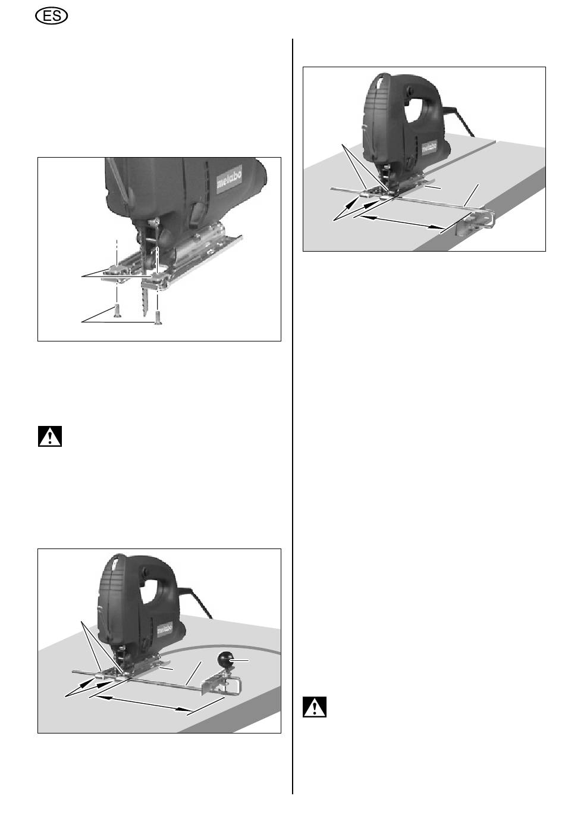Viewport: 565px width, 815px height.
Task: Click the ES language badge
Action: pos(52,17)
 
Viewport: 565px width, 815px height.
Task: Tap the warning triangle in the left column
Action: pos(50,436)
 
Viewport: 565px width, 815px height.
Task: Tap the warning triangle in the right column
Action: pos(315,707)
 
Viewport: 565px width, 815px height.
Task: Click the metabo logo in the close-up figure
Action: pos(229,178)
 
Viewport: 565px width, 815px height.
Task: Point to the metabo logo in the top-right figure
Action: pos(429,148)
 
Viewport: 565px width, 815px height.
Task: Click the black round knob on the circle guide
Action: pos(225,659)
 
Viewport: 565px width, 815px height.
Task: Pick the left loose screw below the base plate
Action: pos(117,311)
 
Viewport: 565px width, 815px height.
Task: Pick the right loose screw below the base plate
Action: pos(158,317)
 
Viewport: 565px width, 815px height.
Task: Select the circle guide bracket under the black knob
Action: pos(221,684)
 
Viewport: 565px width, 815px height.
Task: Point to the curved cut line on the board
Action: pos(233,651)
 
